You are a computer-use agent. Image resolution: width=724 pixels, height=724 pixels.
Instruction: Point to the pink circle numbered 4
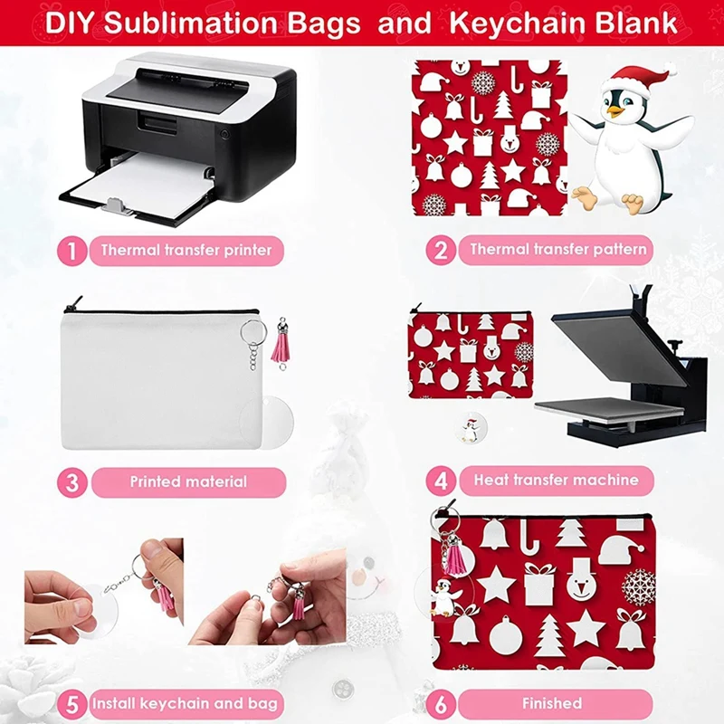pos(441,480)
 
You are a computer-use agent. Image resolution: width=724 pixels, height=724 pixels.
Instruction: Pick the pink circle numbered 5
pos(71,703)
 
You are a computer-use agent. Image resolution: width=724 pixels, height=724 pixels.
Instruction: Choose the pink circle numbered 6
pos(441,703)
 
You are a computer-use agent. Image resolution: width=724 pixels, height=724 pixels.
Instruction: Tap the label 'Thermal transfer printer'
pos(186,250)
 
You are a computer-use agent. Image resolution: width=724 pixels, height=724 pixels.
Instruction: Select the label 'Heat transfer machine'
pos(556,480)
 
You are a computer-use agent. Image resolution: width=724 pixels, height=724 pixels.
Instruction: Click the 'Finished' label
pos(551,703)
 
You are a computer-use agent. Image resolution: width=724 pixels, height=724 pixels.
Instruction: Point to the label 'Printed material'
pos(187,481)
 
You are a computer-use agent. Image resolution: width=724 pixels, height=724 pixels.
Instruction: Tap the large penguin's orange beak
pos(617,111)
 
